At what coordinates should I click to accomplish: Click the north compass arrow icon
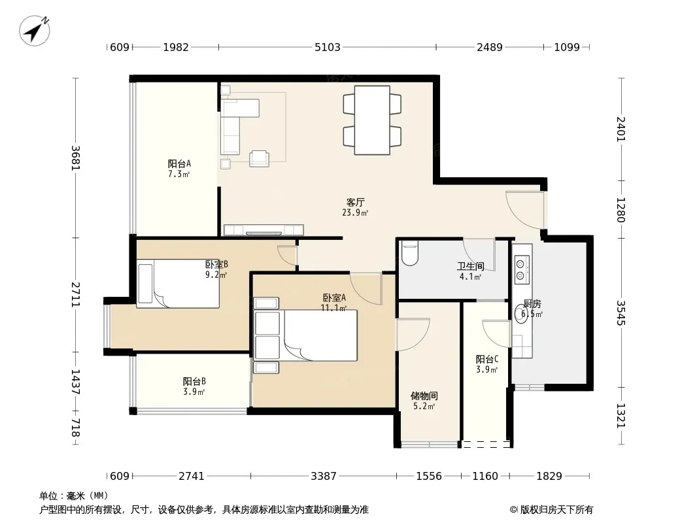pos(34,30)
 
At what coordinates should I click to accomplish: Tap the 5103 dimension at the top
pos(327,47)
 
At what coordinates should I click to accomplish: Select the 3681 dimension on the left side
pos(76,158)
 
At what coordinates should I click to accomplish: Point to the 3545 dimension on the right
pos(621,313)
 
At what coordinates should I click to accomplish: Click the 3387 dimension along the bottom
pos(324,476)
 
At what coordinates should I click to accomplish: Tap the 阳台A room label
pos(179,163)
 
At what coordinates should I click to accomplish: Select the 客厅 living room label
pos(355,202)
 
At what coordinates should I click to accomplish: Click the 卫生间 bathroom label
pos(471,266)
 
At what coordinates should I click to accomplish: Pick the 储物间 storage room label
pos(424,396)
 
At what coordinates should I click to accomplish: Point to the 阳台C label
pos(487,359)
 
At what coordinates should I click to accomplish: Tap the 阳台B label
pos(194,381)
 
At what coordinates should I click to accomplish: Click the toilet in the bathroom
pos(409,253)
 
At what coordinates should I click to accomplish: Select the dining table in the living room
pos(372,120)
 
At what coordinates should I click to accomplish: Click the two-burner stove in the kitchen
pos(521,269)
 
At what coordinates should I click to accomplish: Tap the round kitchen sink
pos(521,313)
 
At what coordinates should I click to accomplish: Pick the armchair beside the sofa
pos(259,159)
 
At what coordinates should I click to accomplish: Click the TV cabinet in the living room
pos(263,229)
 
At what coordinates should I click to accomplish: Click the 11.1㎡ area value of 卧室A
pos(333,307)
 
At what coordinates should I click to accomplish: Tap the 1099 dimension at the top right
pos(567,47)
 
